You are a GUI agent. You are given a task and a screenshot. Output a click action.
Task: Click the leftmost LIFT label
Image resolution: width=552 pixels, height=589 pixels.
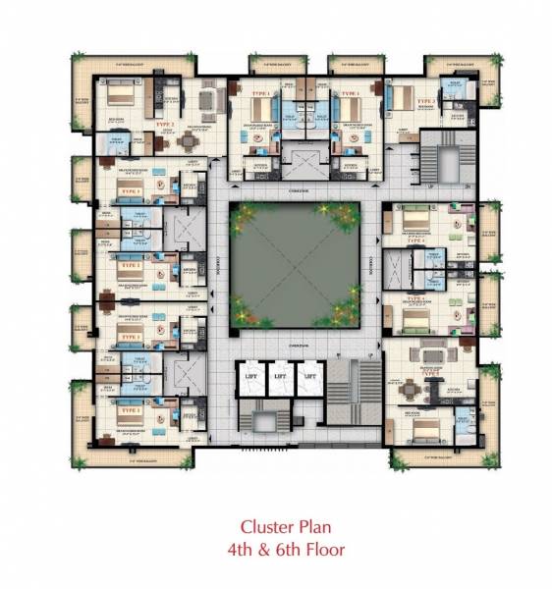coord(250,375)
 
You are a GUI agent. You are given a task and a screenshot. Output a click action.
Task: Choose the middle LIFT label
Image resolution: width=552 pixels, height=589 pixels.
coord(280,375)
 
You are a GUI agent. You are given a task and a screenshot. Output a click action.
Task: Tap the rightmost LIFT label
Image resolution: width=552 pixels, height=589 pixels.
coord(309,375)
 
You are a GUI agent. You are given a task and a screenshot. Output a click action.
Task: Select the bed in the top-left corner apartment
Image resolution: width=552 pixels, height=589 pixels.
coord(118,96)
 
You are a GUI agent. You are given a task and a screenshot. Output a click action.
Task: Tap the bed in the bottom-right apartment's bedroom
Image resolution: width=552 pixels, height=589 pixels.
coord(423,429)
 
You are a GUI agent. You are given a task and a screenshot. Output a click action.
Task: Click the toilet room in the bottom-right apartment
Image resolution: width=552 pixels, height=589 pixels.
coord(462,422)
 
